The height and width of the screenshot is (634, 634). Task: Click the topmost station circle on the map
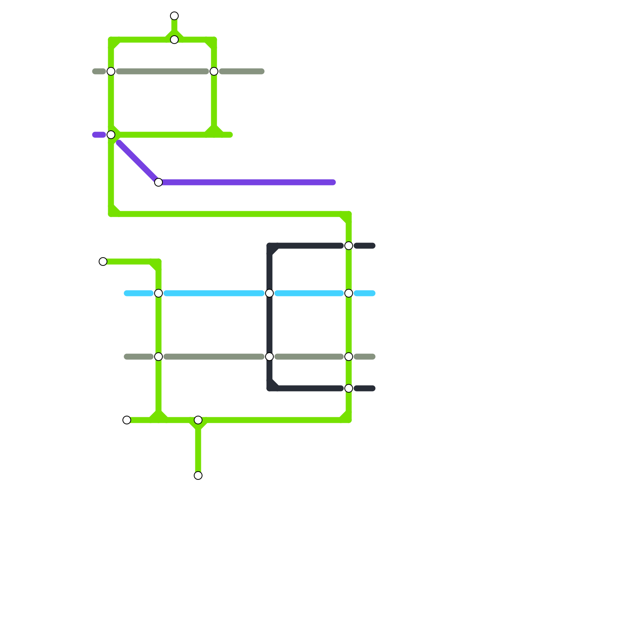pyautogui.click(x=174, y=16)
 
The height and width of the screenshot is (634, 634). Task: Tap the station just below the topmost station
pyautogui.click(x=174, y=40)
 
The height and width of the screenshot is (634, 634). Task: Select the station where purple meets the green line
pyautogui.click(x=111, y=135)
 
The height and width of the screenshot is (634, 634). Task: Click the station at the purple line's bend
pyautogui.click(x=158, y=182)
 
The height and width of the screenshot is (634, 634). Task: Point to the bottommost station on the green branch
pyautogui.click(x=198, y=475)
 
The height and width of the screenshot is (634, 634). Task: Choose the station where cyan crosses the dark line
pyautogui.click(x=269, y=293)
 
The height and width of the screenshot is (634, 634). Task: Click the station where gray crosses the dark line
pyautogui.click(x=269, y=357)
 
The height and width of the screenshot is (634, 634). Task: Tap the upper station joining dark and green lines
pyautogui.click(x=349, y=246)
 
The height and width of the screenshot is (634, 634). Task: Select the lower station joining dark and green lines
pyautogui.click(x=349, y=388)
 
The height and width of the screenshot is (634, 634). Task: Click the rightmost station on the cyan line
pyautogui.click(x=349, y=293)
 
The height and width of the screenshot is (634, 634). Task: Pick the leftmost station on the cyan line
pyautogui.click(x=158, y=293)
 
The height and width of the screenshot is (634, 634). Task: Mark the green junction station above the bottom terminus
pyautogui.click(x=198, y=420)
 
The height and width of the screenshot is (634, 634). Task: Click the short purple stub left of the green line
pyautogui.click(x=98, y=135)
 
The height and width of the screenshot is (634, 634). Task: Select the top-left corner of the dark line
pyautogui.click(x=270, y=246)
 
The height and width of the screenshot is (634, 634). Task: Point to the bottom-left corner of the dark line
pyautogui.click(x=270, y=388)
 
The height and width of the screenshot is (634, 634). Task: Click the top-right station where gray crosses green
pyautogui.click(x=214, y=71)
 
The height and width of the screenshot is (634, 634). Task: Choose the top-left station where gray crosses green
pyautogui.click(x=111, y=71)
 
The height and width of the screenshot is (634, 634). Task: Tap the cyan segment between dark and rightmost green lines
pyautogui.click(x=309, y=293)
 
